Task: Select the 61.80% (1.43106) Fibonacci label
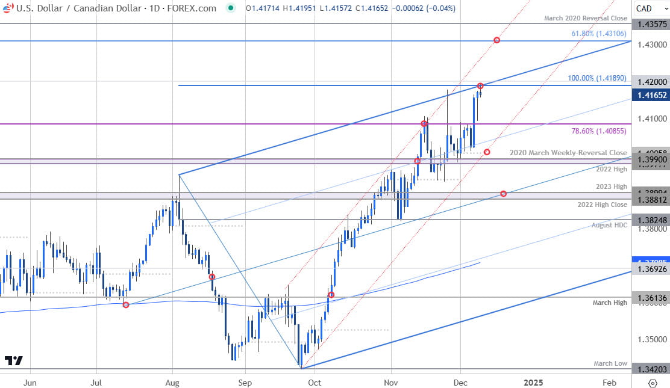tap(599, 34)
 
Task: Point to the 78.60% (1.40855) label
tap(599, 131)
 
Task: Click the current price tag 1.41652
tap(651, 95)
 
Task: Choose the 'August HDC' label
tap(609, 225)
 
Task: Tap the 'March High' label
tap(610, 303)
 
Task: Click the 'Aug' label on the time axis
tap(172, 382)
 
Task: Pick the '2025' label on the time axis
tap(533, 382)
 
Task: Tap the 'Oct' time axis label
tap(315, 382)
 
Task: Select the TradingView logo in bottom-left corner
tap(13, 361)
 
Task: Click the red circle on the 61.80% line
tap(496, 40)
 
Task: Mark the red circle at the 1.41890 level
tap(480, 86)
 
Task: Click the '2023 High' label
tap(612, 186)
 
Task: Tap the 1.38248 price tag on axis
tap(651, 220)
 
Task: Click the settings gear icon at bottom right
tap(652, 383)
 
